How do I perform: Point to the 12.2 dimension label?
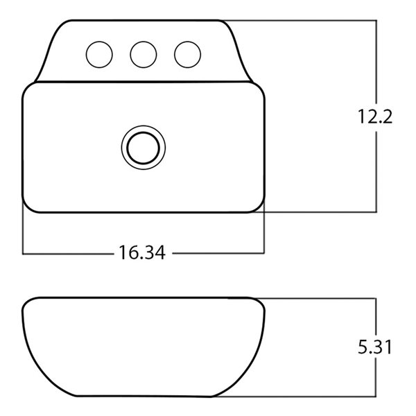click(375, 116)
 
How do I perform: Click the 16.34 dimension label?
click(142, 252)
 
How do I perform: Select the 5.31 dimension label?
click(375, 347)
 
